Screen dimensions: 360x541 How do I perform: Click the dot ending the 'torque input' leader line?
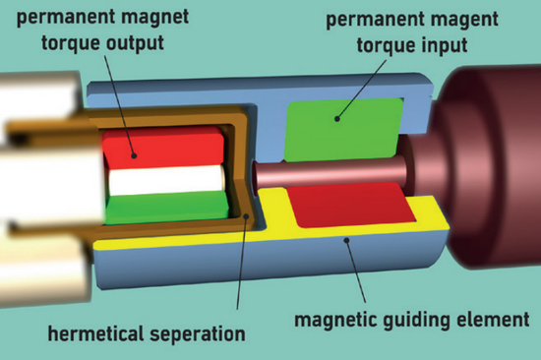[x=335, y=120]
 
